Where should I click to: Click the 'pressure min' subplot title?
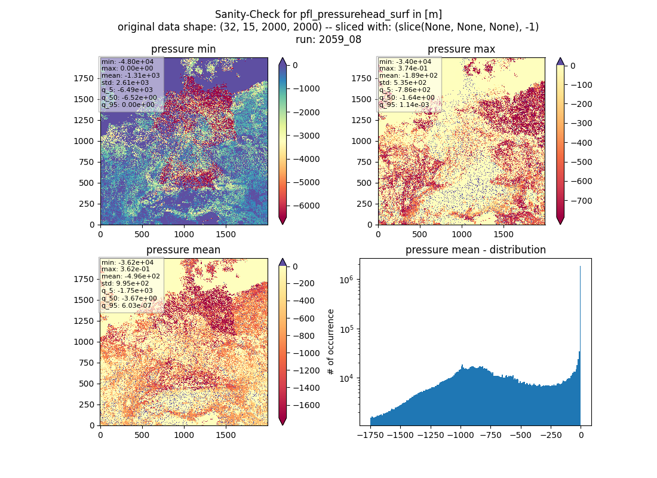click(183, 49)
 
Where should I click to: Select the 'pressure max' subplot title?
click(461, 49)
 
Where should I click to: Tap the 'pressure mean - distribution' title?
click(475, 250)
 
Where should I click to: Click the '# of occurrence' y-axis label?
click(331, 342)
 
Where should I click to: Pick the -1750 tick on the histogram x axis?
click(370, 435)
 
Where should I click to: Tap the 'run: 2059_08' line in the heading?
click(328, 39)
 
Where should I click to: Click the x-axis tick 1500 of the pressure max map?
click(504, 234)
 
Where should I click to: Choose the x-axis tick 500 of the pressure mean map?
click(142, 435)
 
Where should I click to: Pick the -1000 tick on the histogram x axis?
click(461, 435)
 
